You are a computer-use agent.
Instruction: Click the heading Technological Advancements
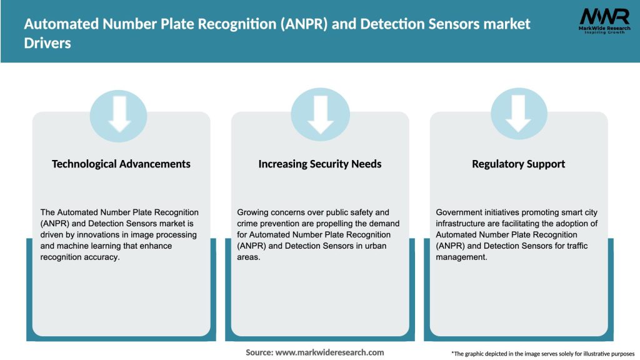point(121,164)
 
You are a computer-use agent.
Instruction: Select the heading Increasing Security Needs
point(320,164)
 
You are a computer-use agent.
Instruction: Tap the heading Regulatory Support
point(518,164)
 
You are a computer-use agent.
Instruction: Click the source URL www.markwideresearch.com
point(329,352)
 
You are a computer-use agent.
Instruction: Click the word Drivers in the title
point(47,44)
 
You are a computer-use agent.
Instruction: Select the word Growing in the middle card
point(254,212)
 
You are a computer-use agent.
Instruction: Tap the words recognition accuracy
point(79,257)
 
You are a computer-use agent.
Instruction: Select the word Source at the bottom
point(259,352)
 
